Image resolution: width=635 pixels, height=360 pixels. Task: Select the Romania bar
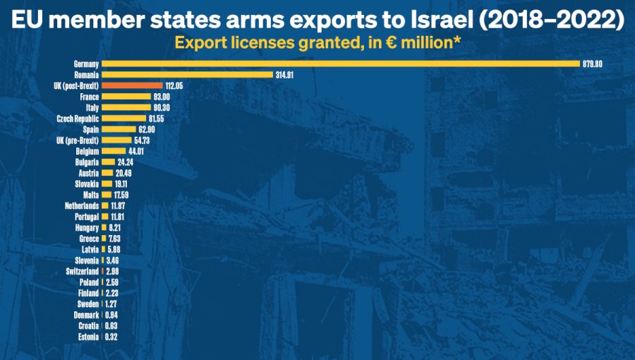click(187, 74)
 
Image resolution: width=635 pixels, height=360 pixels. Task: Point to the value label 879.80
click(592, 64)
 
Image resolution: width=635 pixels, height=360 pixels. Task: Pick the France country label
click(90, 96)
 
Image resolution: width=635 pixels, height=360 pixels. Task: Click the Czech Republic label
click(78, 119)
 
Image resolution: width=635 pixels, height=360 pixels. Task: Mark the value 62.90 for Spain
click(147, 130)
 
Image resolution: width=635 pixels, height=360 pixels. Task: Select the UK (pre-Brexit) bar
click(116, 140)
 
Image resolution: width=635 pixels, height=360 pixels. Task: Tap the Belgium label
click(87, 152)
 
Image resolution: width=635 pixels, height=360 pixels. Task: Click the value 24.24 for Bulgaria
click(126, 162)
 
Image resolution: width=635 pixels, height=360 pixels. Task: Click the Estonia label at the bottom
click(88, 337)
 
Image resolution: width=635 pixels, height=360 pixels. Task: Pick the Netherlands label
click(80, 205)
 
